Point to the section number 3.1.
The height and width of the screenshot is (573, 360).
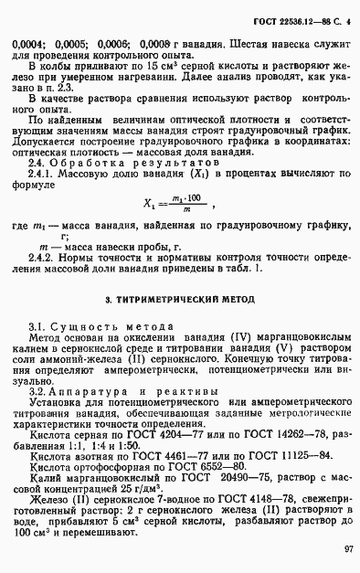pos(37,326)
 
